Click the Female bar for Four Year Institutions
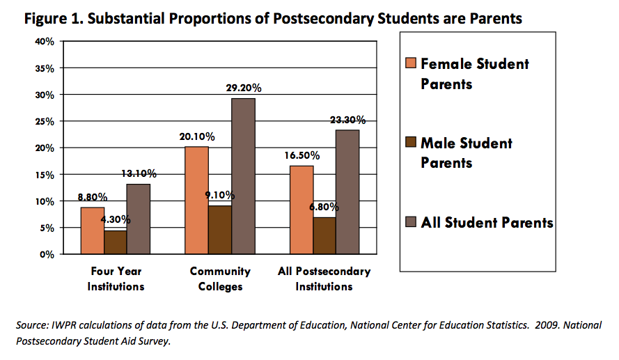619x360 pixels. (x=93, y=230)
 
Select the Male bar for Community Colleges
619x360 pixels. (x=220, y=230)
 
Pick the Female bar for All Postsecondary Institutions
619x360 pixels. (x=301, y=210)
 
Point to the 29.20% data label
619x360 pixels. (x=243, y=89)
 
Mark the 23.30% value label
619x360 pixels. (x=347, y=120)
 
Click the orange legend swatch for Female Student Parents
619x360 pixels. (x=411, y=63)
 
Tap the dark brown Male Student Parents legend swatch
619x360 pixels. (x=411, y=143)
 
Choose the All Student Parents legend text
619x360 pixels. (x=487, y=223)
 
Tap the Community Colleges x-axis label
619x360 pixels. (x=220, y=279)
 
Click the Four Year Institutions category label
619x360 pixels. (x=117, y=279)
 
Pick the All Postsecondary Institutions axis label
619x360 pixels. (x=324, y=279)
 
